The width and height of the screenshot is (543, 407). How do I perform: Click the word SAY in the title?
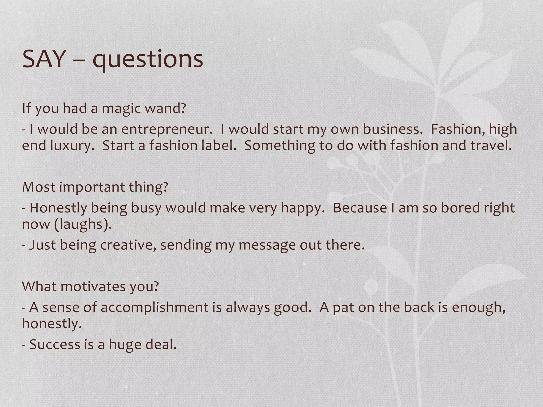pos(44,59)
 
